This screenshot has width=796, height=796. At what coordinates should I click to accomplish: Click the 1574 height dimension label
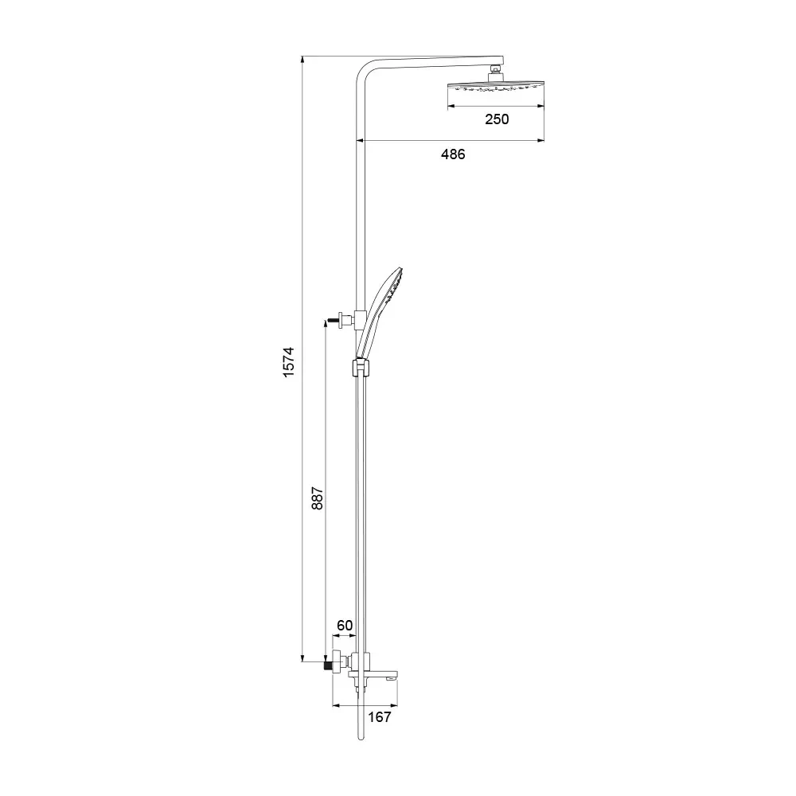[x=288, y=362]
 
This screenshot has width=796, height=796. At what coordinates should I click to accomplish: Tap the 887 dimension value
[x=317, y=498]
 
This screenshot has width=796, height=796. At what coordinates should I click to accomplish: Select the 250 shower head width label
[x=497, y=119]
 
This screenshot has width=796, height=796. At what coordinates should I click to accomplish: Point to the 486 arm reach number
[x=453, y=154]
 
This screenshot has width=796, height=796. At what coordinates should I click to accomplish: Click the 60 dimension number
[x=345, y=626]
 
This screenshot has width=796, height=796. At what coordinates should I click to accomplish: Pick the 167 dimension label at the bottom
[x=380, y=717]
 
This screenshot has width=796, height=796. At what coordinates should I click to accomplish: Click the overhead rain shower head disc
[x=495, y=87]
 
